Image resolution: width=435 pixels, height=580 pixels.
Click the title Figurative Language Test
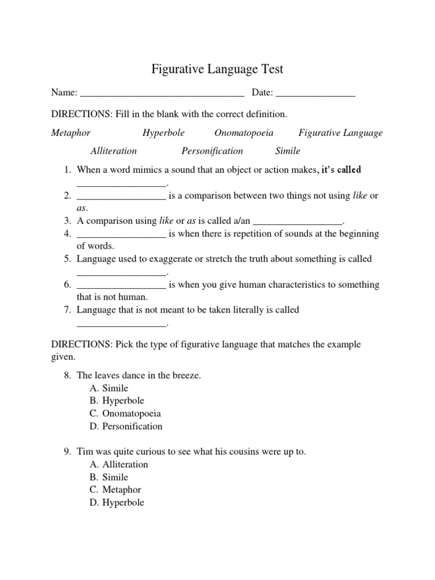click(x=217, y=70)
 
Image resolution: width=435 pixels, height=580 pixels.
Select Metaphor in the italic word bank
click(x=71, y=133)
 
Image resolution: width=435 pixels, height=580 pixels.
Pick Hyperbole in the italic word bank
click(x=164, y=133)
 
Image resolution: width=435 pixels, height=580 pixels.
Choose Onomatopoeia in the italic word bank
click(x=244, y=133)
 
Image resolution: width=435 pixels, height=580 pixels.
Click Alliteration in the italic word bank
click(x=113, y=151)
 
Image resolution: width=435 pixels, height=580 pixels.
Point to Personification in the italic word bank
click(x=212, y=151)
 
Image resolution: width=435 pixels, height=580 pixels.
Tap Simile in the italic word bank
click(x=288, y=151)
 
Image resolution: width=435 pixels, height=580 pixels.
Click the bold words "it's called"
click(x=341, y=170)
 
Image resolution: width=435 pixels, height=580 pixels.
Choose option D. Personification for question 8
click(x=126, y=427)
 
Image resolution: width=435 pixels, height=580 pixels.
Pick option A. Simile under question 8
click(x=109, y=389)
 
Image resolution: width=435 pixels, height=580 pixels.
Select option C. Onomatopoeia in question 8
click(x=125, y=414)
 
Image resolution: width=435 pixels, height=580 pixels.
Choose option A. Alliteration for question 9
click(x=119, y=464)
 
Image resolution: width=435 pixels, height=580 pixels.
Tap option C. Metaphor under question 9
click(x=116, y=490)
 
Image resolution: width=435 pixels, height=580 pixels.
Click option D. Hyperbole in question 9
click(x=117, y=502)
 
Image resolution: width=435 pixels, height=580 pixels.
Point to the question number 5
click(x=67, y=259)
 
